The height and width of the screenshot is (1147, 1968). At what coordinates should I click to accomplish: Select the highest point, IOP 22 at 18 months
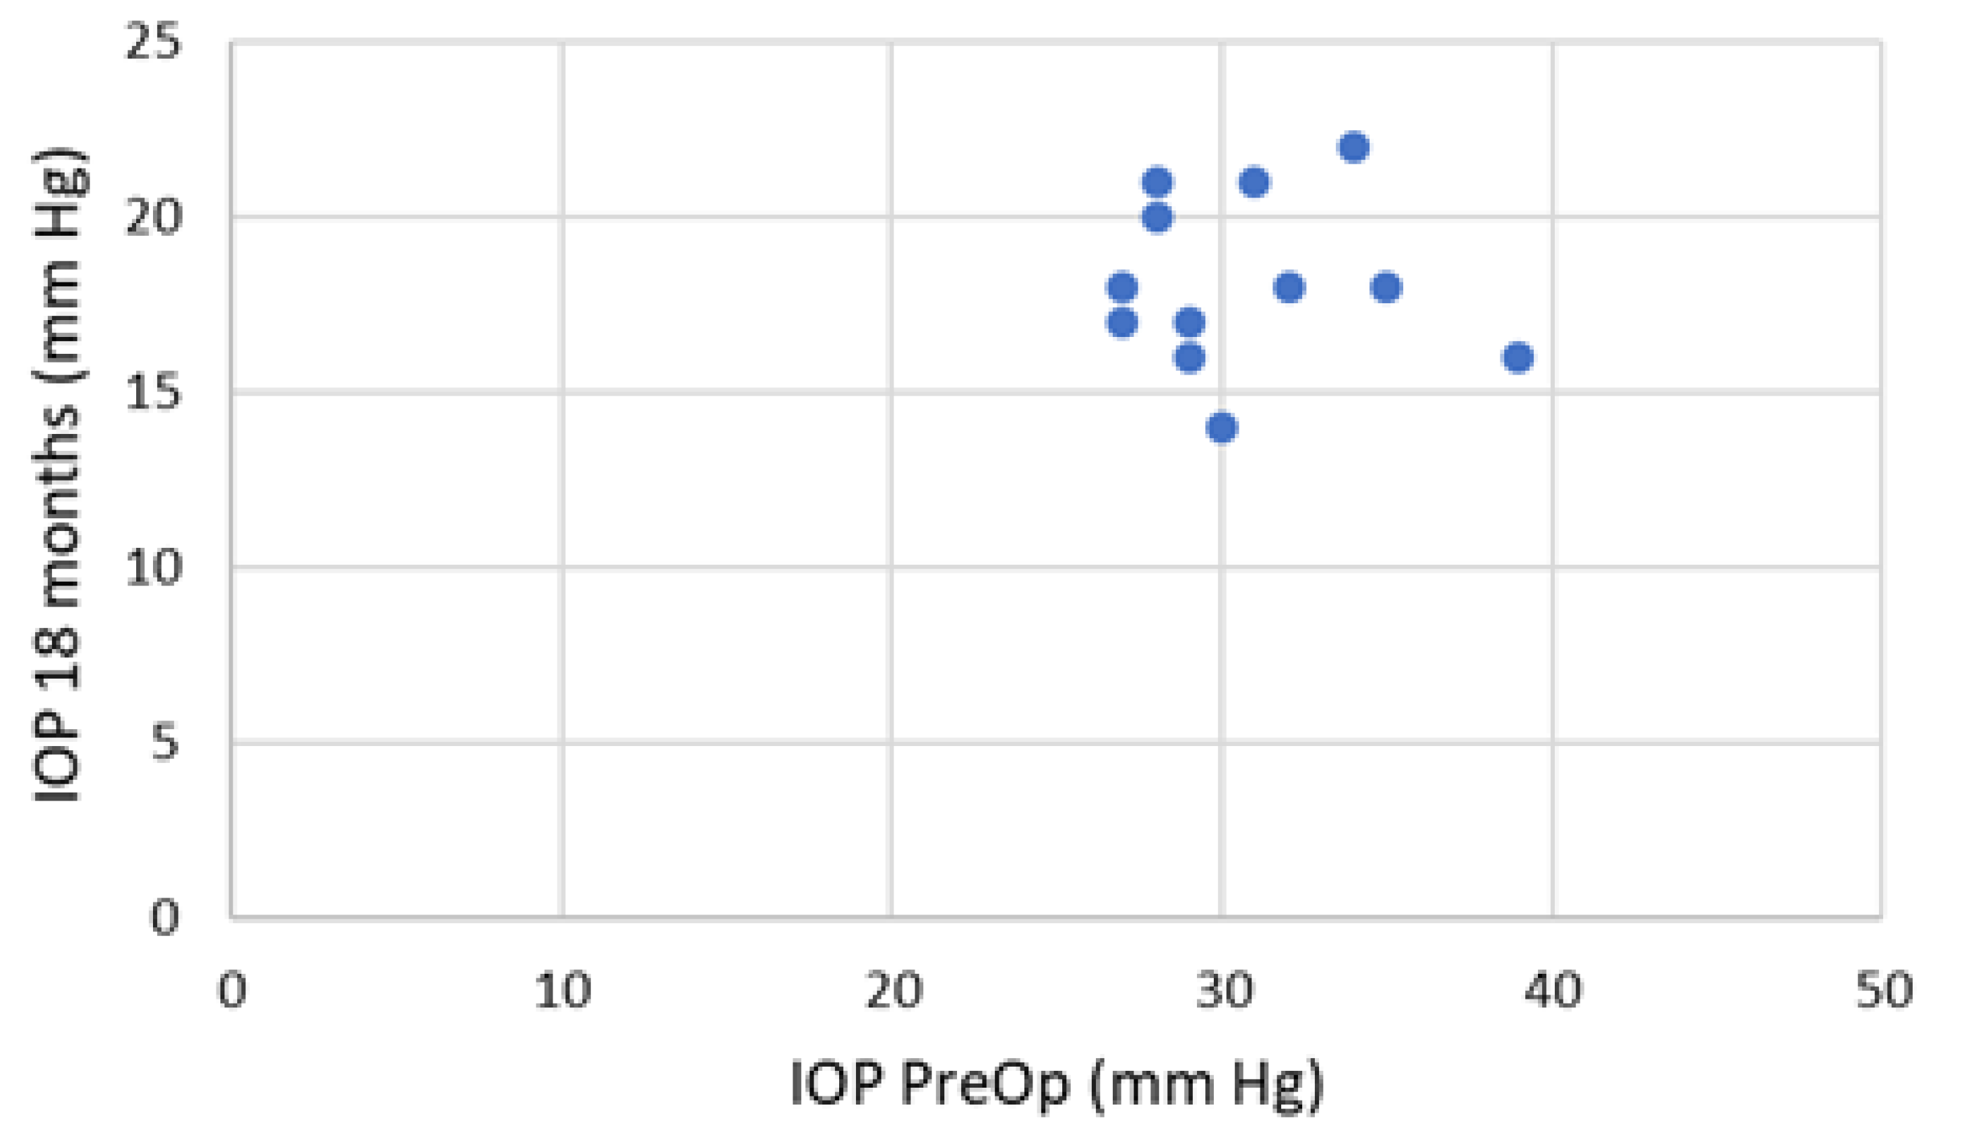click(x=1353, y=148)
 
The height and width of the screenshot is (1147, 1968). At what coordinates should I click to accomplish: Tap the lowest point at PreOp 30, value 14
click(x=1221, y=428)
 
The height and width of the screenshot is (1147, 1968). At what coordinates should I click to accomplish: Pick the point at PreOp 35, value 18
click(x=1386, y=287)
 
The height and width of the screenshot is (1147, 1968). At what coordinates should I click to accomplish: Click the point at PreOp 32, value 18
click(x=1289, y=287)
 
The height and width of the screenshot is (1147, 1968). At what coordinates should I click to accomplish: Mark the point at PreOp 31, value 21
click(x=1254, y=183)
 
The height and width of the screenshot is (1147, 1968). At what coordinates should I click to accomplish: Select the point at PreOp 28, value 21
click(x=1157, y=183)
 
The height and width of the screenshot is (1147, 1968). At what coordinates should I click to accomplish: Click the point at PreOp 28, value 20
click(x=1157, y=217)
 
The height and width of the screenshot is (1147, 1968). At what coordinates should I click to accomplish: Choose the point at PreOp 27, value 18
click(x=1122, y=287)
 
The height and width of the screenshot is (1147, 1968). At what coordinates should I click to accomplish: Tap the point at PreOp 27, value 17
click(x=1122, y=323)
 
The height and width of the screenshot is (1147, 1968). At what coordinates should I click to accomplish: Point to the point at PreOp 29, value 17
click(x=1190, y=323)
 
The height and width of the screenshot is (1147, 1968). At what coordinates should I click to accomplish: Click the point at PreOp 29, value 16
click(x=1190, y=358)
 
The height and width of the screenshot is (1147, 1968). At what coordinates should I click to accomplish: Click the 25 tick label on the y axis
click(x=153, y=40)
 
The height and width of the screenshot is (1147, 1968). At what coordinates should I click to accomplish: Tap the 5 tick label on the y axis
click(x=164, y=742)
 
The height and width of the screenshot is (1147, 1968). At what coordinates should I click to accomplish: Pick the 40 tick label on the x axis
click(x=1553, y=990)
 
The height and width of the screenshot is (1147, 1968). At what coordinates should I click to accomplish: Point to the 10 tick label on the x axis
click(x=562, y=990)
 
